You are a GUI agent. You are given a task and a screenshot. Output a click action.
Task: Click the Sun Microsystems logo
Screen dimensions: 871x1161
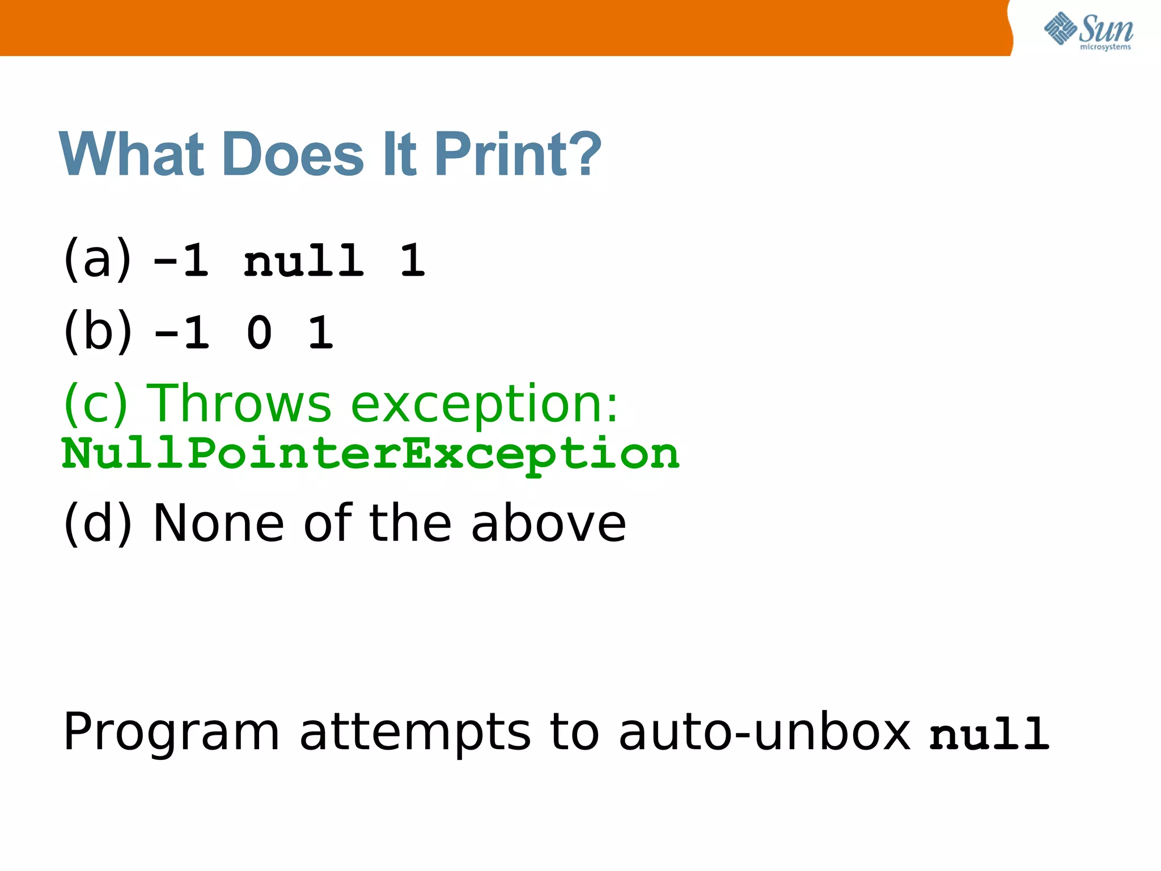coord(1088,31)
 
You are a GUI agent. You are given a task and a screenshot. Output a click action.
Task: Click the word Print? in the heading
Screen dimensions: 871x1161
coord(518,154)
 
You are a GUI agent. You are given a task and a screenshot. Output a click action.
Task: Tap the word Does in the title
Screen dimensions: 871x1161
coord(293,154)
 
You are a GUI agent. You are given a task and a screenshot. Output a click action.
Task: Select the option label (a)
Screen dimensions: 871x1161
coord(98,259)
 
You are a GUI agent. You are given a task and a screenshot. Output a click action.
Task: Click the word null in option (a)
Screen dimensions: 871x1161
coord(303,261)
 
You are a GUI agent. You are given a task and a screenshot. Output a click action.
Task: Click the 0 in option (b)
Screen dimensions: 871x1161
coord(259,333)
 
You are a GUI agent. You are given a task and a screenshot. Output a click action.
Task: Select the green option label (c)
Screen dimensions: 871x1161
coord(95,403)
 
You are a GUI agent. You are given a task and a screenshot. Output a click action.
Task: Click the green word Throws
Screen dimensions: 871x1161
coord(239,403)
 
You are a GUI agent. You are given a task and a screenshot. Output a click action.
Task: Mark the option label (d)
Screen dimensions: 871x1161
coord(98,522)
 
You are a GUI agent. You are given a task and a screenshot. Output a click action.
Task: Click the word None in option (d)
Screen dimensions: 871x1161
coord(219,523)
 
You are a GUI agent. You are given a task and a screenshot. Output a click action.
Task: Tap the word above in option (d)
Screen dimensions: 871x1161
coord(548,523)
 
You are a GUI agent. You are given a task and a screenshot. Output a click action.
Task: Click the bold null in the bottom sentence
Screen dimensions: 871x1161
coord(989,734)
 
